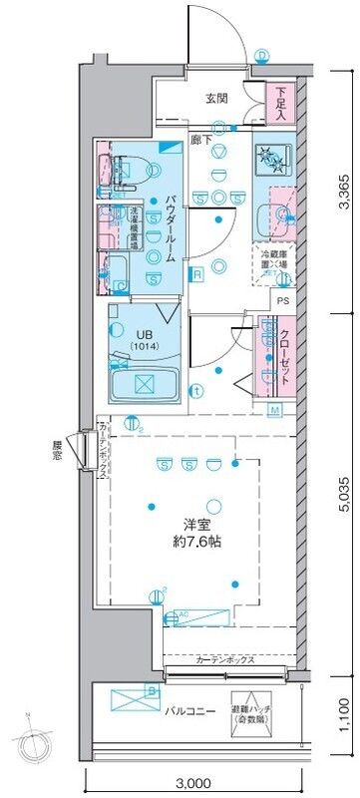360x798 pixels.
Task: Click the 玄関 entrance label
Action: (217, 98)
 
